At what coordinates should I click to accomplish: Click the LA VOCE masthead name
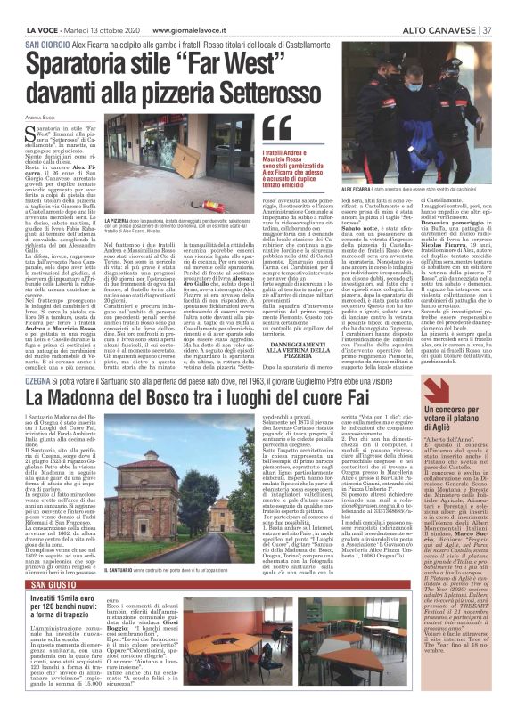[x=27, y=8]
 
